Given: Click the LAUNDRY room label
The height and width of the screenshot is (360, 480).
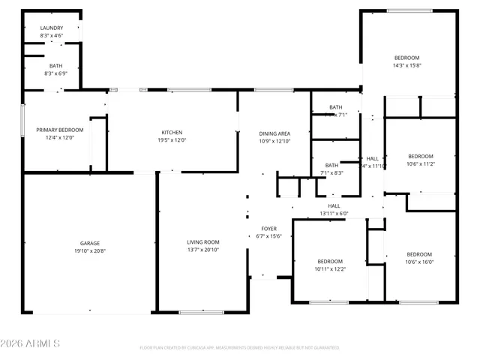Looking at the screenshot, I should point(52,28).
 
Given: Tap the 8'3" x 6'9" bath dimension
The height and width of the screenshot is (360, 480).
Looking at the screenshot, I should point(52,73).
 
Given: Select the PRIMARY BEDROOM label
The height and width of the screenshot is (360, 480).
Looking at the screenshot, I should point(60,130).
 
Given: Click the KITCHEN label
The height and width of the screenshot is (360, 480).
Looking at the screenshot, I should point(172,132).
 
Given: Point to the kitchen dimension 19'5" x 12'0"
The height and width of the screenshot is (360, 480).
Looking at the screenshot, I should point(172,140).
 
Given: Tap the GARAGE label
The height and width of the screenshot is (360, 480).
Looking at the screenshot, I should point(90,243).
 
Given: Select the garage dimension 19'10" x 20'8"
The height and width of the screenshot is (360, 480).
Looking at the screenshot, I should point(90,251).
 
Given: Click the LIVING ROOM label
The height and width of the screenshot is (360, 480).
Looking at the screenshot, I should point(202,242).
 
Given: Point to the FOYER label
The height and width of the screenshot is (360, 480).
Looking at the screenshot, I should point(268,229).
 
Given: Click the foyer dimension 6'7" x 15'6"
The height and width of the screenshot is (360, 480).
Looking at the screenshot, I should point(268,236).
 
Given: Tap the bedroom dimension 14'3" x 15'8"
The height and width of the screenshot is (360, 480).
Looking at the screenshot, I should point(407,66).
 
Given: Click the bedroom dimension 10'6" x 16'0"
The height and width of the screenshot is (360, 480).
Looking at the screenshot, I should point(419,262).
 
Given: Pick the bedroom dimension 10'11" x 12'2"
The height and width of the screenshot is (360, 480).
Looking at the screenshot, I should point(330,268).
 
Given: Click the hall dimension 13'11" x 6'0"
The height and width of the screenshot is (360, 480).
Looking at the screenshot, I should point(334,213).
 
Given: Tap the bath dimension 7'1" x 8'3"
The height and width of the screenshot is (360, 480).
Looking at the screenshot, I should point(331,173).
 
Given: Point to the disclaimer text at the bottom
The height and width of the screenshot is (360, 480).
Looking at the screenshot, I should point(239,348).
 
